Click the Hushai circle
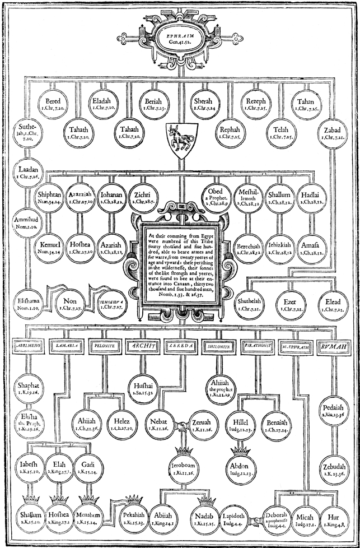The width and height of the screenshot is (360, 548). tap(144, 386)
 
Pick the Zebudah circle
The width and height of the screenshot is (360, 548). tap(333, 470)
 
